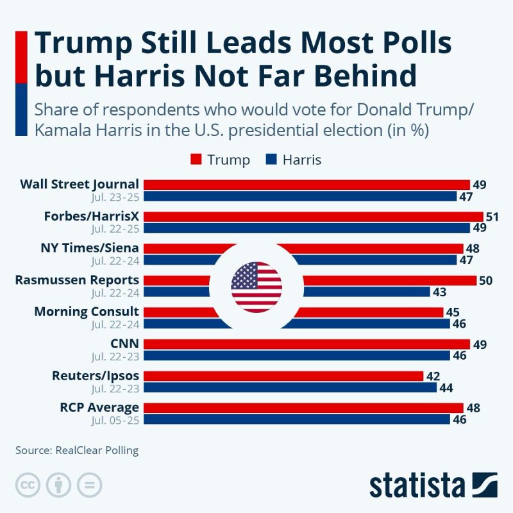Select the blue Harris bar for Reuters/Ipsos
(x=289, y=387)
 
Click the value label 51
(x=492, y=217)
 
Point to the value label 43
(x=440, y=292)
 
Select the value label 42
(x=433, y=376)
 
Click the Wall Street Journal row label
(x=80, y=185)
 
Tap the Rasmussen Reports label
(x=77, y=280)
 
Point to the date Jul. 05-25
(x=115, y=419)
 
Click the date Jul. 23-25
(x=115, y=196)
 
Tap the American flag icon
(x=256, y=287)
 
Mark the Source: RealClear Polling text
(x=77, y=450)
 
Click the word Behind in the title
(x=363, y=75)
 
